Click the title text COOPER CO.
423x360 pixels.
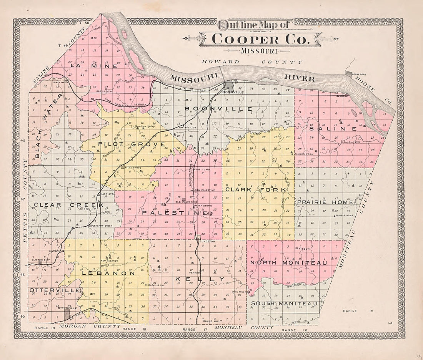(260, 39)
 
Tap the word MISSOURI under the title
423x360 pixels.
(260, 51)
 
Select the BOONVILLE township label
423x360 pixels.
(218, 109)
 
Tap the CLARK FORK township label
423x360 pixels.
(255, 190)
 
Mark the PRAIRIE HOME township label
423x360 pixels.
(325, 202)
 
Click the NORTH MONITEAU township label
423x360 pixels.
(288, 263)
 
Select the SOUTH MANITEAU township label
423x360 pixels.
(284, 304)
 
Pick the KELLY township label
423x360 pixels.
(200, 279)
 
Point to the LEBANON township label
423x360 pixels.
(108, 274)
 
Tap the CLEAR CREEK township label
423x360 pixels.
(68, 205)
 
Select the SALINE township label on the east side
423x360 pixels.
(333, 129)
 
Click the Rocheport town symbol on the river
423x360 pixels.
(349, 73)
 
